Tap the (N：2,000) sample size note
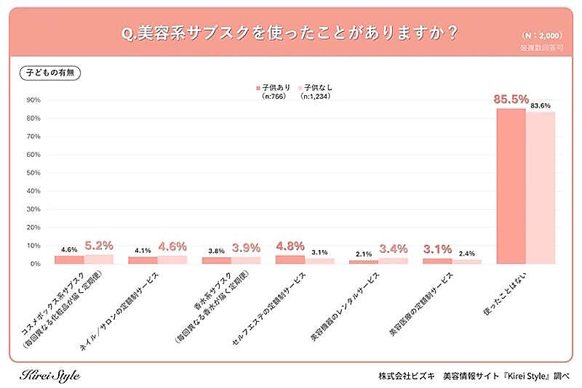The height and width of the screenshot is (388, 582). click(543, 36)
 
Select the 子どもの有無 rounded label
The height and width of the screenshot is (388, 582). click(51, 73)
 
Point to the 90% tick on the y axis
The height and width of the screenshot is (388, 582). click(33, 100)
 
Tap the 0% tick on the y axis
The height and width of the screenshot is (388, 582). click(35, 264)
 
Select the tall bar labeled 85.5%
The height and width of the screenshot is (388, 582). click(511, 186)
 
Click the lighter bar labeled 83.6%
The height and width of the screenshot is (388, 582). click(541, 187)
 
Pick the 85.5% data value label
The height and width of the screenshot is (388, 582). click(511, 101)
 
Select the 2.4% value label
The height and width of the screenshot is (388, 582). click(468, 254)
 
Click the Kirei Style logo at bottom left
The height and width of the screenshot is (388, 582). click(49, 375)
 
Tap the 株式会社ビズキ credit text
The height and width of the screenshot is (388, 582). click(407, 376)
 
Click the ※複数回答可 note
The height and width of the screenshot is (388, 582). click(542, 47)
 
